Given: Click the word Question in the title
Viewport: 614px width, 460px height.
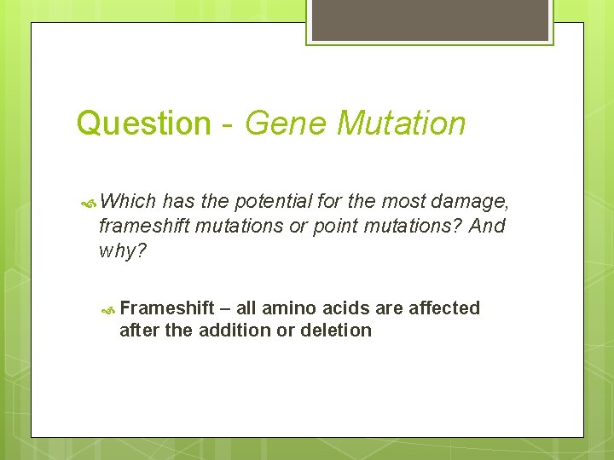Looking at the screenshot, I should (x=142, y=124).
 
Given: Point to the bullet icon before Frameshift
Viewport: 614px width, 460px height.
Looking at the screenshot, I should (x=108, y=309).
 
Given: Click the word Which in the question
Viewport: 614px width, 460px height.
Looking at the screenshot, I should (x=128, y=202).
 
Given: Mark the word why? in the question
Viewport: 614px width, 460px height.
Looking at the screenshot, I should (x=123, y=251).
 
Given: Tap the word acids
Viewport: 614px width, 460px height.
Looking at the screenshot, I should (x=349, y=308).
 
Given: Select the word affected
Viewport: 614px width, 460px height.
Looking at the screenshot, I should (x=444, y=308).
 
